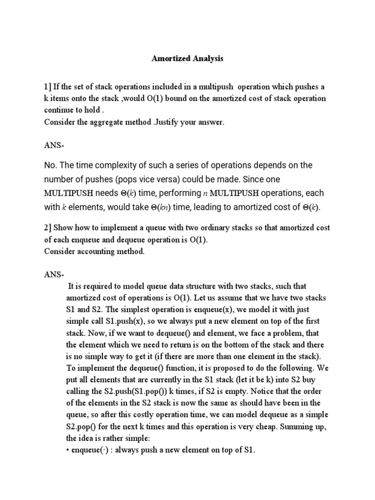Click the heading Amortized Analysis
(187, 59)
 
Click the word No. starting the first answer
(51, 165)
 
